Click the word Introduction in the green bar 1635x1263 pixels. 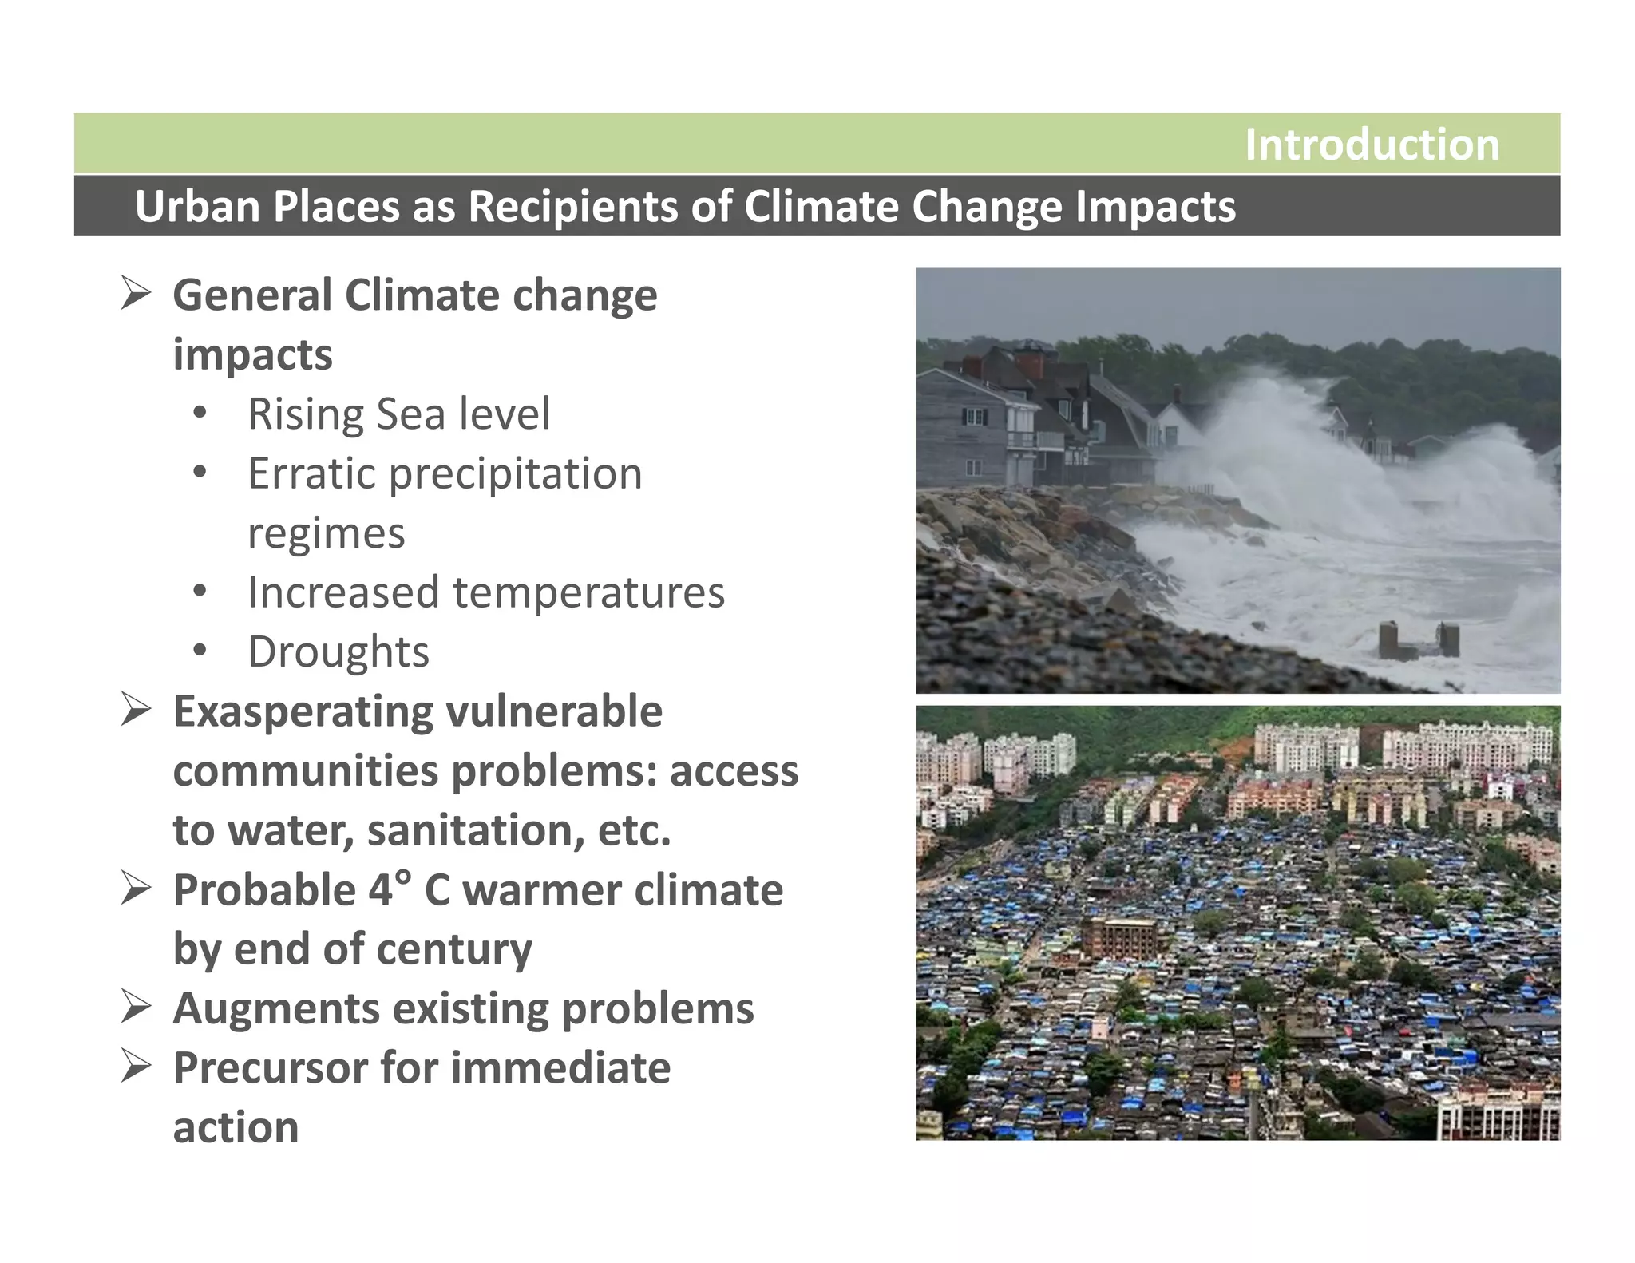tap(1372, 145)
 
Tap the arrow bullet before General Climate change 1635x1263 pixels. tap(136, 293)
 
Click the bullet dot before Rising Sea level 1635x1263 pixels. tap(200, 413)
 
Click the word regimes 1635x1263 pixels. tap(326, 534)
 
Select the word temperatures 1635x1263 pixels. tap(588, 592)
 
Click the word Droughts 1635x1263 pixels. tap(338, 651)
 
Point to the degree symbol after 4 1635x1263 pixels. tap(403, 876)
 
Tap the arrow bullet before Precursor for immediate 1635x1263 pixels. tap(136, 1067)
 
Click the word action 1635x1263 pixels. tap(236, 1127)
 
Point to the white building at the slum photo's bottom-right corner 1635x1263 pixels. tap(1497, 1113)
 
